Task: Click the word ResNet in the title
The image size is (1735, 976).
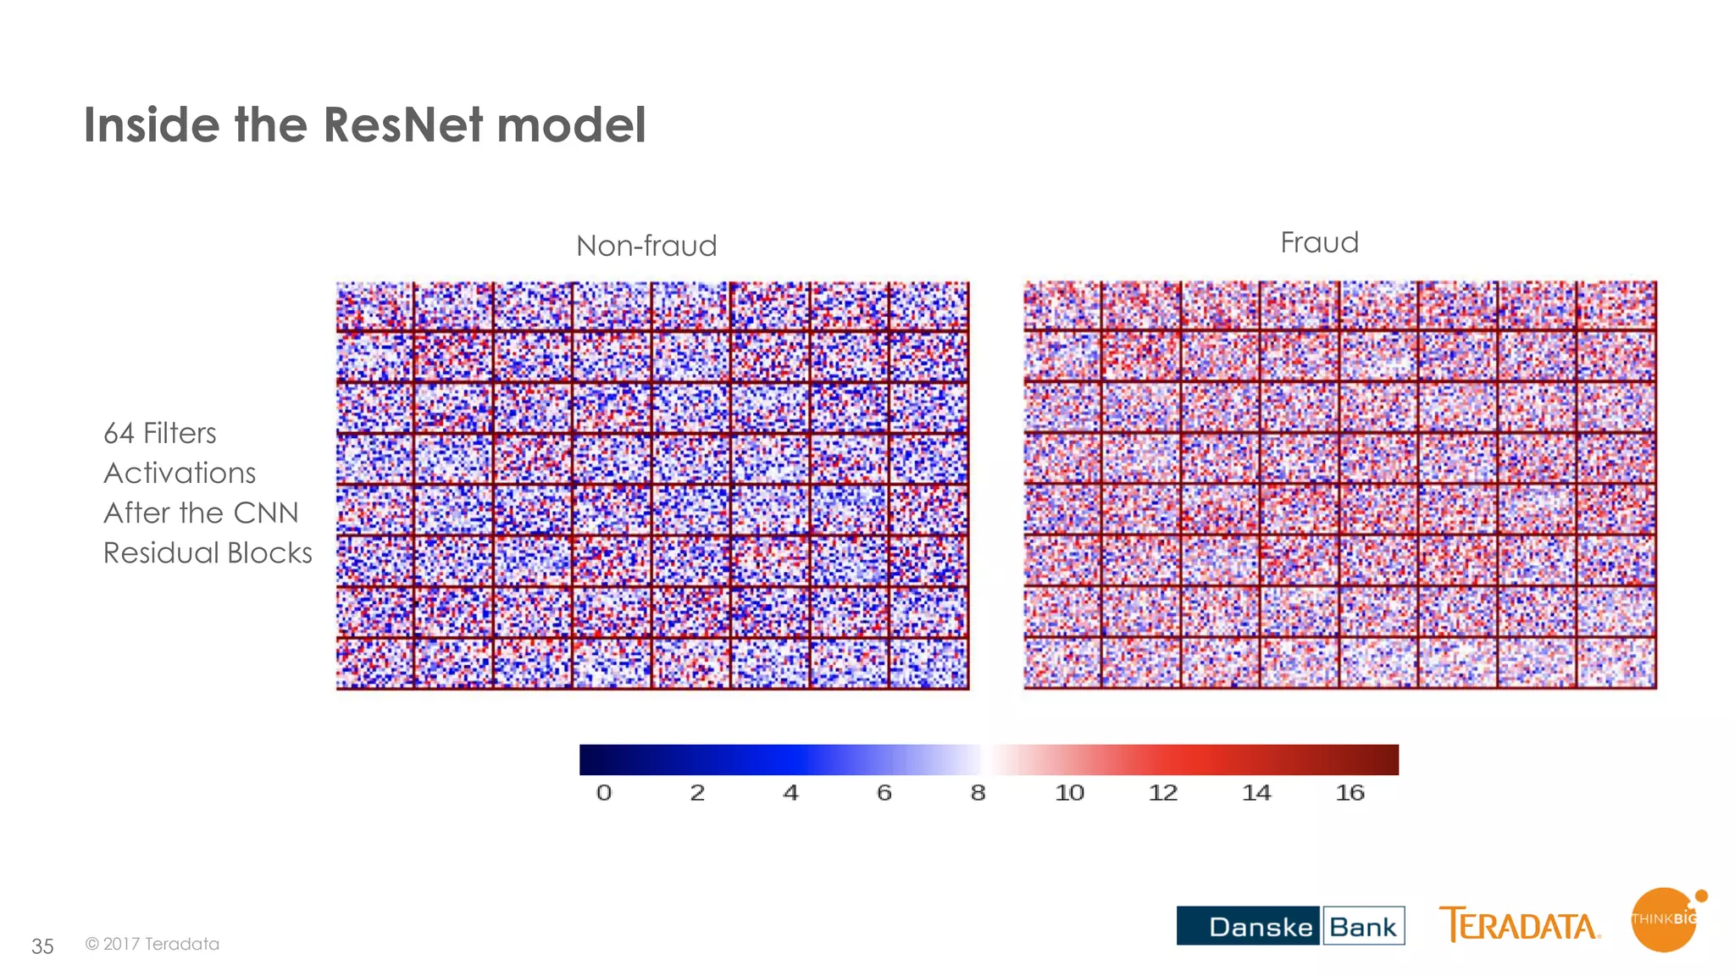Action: tap(403, 125)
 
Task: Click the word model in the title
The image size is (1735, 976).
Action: tap(571, 125)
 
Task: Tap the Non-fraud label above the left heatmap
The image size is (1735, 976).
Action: tap(646, 246)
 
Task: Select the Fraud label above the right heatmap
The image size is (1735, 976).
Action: tap(1319, 243)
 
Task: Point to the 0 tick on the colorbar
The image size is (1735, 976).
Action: tap(604, 793)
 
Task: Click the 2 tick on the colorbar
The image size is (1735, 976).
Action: tap(697, 793)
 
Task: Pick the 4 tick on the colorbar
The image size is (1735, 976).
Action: tap(790, 793)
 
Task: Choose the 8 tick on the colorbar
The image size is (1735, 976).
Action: tap(978, 793)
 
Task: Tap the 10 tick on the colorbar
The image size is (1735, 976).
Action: tap(1069, 793)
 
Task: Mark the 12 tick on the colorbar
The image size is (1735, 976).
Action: tap(1163, 793)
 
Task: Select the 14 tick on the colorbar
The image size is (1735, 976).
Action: tap(1256, 793)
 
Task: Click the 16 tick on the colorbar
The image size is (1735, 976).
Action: tap(1350, 793)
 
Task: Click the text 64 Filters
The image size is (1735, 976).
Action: tap(160, 433)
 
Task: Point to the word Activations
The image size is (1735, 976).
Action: tap(180, 473)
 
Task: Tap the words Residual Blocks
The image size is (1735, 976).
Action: tap(208, 553)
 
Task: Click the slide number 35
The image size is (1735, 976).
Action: tap(42, 946)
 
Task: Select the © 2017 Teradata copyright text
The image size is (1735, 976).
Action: tap(152, 944)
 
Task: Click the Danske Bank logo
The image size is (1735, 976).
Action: tap(1290, 926)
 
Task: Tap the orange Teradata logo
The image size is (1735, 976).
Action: tap(1519, 924)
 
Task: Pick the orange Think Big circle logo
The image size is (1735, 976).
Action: tap(1664, 920)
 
